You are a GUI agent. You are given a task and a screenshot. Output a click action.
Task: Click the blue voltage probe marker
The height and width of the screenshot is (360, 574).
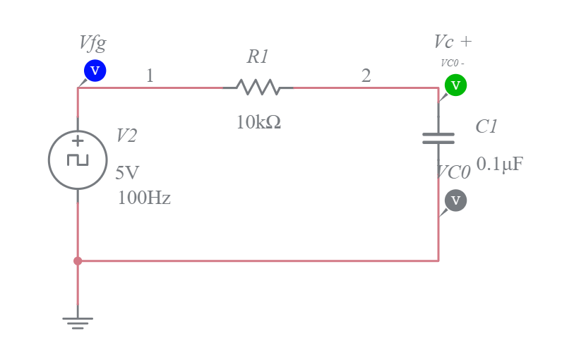click(95, 71)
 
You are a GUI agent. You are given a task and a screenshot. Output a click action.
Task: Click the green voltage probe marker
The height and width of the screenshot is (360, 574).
click(455, 85)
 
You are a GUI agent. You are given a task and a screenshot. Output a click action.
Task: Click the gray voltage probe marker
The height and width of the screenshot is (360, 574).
click(455, 200)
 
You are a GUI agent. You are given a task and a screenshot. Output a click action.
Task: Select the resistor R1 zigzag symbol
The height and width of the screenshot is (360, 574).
click(258, 88)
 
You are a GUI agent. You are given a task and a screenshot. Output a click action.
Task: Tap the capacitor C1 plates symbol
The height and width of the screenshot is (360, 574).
click(438, 138)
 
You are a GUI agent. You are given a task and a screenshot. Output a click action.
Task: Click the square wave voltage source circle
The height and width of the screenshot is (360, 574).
click(78, 160)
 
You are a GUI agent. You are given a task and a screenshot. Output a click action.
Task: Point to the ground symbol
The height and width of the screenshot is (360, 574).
click(78, 322)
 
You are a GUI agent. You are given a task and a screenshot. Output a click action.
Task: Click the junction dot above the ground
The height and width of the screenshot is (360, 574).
click(78, 261)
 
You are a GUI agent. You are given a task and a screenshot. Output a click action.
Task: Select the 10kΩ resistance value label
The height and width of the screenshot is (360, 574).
click(258, 122)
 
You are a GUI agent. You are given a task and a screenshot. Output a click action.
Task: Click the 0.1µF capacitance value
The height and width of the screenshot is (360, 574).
click(500, 164)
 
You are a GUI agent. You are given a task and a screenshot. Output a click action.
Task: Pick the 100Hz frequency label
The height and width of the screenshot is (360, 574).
click(144, 198)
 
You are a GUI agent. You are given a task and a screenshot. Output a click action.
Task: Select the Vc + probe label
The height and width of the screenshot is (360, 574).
click(453, 42)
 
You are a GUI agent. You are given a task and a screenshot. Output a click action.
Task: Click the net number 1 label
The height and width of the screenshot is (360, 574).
click(150, 76)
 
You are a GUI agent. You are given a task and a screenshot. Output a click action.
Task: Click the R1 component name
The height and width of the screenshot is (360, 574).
click(258, 56)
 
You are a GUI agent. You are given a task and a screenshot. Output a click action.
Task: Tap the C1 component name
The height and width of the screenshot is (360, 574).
click(486, 126)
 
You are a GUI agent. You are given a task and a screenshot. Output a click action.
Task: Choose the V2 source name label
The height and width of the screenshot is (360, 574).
click(126, 136)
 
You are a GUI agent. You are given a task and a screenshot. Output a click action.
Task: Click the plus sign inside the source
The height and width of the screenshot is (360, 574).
click(78, 141)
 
